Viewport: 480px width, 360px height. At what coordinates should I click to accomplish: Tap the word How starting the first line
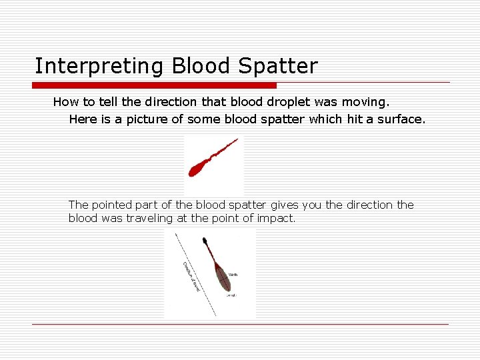click(65, 102)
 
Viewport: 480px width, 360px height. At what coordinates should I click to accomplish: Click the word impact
click(275, 219)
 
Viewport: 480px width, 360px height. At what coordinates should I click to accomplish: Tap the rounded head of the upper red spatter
click(197, 169)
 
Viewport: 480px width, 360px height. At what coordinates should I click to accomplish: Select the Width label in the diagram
click(233, 274)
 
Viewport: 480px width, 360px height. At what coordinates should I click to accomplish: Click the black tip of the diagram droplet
click(205, 241)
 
